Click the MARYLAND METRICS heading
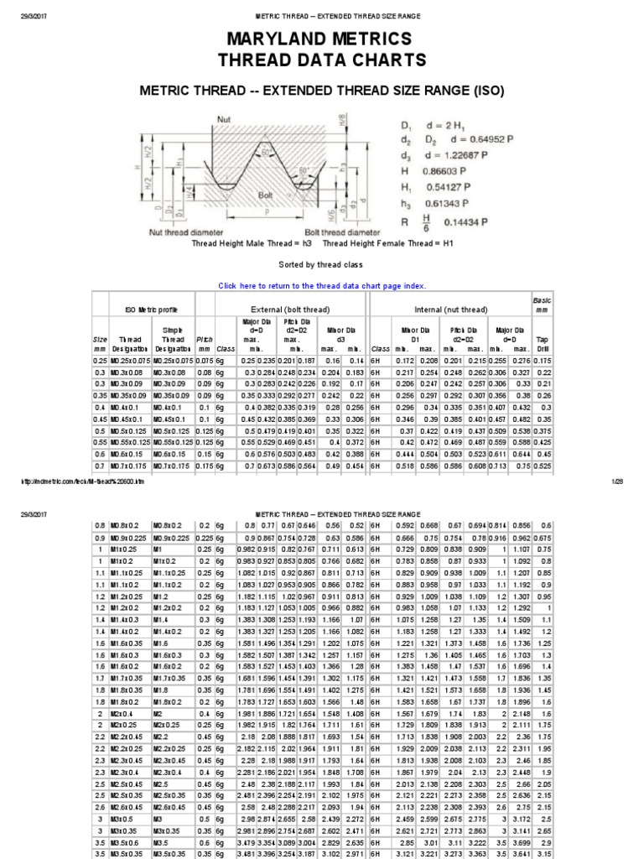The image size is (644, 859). (321, 39)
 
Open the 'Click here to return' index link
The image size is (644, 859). (322, 285)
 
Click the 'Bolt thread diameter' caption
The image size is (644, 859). (342, 232)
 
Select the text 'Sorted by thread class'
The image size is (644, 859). (322, 263)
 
